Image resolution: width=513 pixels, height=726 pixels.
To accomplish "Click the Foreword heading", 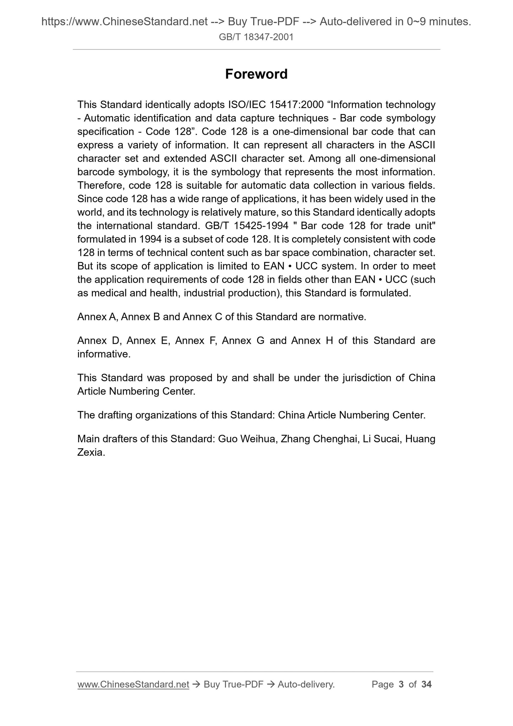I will tap(256, 74).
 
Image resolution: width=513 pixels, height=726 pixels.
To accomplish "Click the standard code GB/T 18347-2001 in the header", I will tap(256, 37).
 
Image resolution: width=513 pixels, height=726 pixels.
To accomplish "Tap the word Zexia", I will tap(91, 453).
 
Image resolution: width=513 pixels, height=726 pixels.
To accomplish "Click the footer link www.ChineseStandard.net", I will tap(133, 684).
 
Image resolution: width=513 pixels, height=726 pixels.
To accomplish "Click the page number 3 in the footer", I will tap(401, 684).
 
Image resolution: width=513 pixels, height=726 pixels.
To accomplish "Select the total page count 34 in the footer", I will tap(426, 684).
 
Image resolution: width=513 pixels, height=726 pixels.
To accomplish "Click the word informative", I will tap(104, 354).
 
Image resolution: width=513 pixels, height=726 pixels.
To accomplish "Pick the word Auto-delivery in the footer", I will tap(306, 684).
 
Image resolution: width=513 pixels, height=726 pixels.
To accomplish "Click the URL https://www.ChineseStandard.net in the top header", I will tap(124, 22).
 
